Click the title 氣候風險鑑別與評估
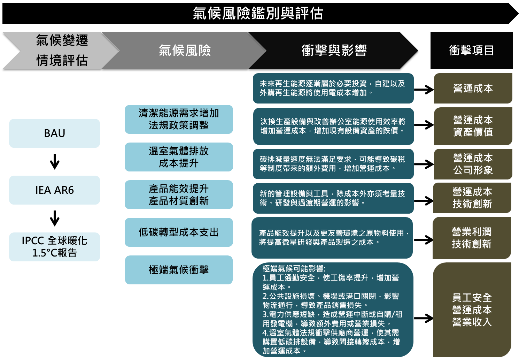pos(258,14)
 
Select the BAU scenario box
pos(54,133)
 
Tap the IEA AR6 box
pos(54,190)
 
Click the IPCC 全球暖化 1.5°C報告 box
pos(54,247)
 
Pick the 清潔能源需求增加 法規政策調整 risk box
pos(179,119)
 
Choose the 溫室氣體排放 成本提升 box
pos(179,157)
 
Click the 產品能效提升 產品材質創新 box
pos(179,194)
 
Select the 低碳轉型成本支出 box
pos(179,232)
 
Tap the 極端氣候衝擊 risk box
pos(179,270)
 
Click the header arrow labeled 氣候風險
pos(185,51)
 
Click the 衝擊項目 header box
pos(471,51)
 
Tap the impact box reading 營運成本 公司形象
pos(473,164)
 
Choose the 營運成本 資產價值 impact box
pos(473,126)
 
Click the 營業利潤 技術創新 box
pos(472,238)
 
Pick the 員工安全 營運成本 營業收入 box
pos(472,309)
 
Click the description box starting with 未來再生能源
pos(333,88)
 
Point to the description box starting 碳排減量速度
pos(333,164)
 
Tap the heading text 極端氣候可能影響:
pos(294,269)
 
